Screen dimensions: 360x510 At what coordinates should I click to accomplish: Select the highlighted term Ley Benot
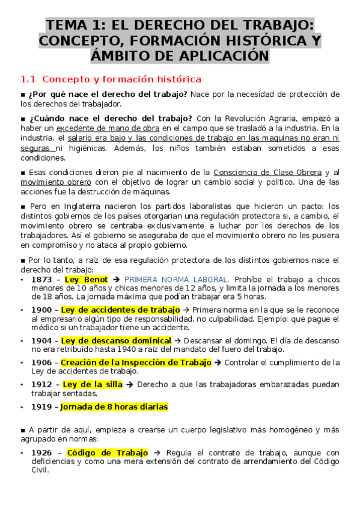click(86, 280)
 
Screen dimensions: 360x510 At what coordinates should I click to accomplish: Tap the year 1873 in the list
click(42, 280)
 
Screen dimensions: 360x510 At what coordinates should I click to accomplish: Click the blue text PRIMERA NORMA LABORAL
click(177, 280)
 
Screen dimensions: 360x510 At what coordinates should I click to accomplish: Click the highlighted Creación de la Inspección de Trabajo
click(136, 362)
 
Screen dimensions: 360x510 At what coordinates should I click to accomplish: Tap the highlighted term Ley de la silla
click(93, 384)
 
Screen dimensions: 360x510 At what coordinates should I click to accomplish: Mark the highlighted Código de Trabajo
click(108, 452)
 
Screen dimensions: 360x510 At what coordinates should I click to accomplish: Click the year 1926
click(42, 452)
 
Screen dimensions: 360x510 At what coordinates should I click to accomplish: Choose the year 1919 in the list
click(42, 407)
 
